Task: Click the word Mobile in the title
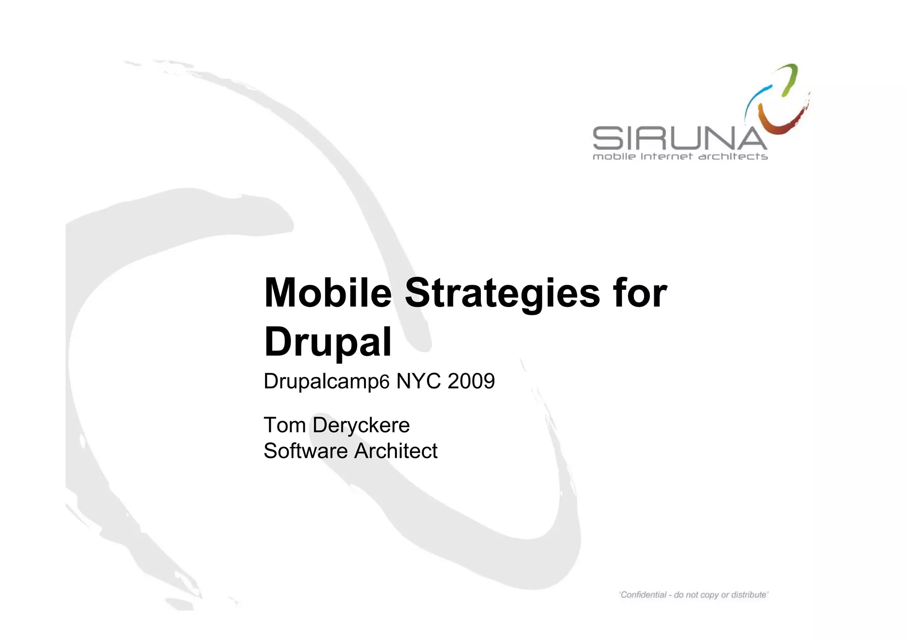tap(327, 293)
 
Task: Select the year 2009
tap(471, 381)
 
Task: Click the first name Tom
tap(285, 425)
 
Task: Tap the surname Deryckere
tap(361, 425)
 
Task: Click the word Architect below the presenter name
tap(396, 451)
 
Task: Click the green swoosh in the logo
tap(790, 80)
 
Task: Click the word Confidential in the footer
tap(644, 595)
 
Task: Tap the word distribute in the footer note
tap(749, 595)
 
